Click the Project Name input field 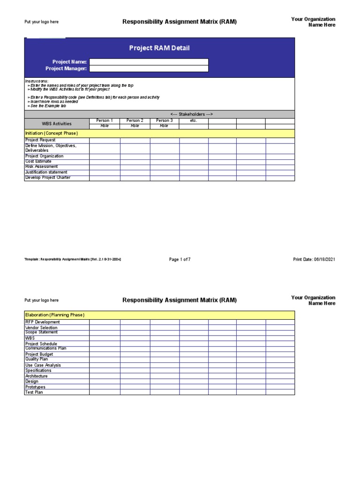149,62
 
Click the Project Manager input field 149,68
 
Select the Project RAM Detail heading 159,48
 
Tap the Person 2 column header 135,120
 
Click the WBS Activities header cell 57,123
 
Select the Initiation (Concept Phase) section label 51,133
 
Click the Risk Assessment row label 42,166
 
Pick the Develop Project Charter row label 48,178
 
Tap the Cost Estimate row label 38,161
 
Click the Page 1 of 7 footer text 180,259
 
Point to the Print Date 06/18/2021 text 314,259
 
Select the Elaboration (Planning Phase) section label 54,315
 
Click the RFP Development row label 42,322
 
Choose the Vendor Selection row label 41,327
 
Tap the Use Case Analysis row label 43,365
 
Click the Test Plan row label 34,392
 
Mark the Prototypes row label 36,387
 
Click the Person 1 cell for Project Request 105,140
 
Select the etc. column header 194,120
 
